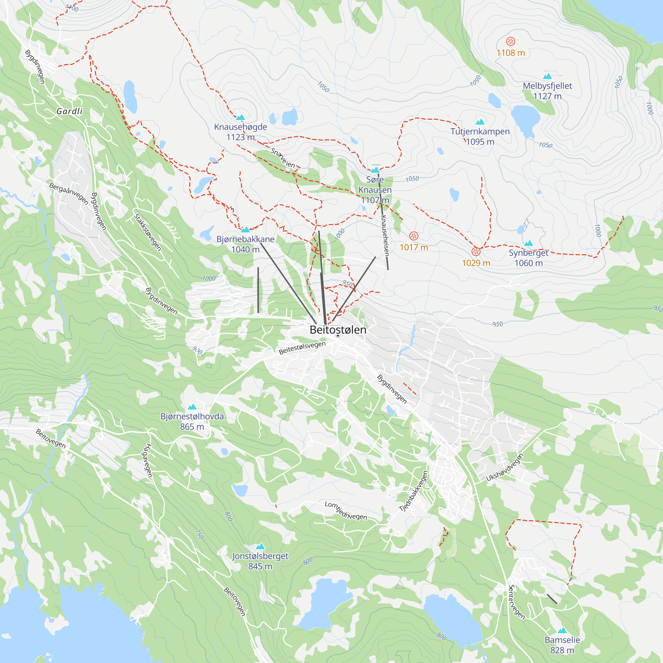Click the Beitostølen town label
338,330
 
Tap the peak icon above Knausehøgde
241,117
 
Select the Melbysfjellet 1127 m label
547,91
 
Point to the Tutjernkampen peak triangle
480,122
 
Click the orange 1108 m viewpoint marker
511,41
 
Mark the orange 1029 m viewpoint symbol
476,252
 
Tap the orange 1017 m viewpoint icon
414,236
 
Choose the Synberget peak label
528,258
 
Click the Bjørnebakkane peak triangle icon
245,230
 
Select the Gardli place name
70,111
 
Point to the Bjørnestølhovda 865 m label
192,421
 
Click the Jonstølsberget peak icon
261,546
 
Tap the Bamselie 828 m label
562,645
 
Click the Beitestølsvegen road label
302,348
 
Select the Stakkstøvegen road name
148,232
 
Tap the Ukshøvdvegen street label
505,467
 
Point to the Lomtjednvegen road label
345,510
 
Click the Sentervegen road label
516,602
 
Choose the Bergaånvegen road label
69,193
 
